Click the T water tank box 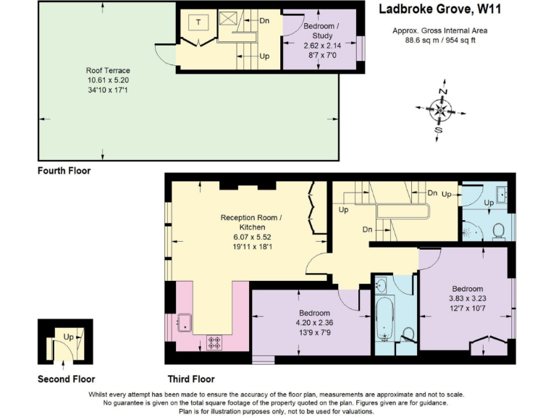[198, 22]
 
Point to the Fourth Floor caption [64, 172]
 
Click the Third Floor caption [191, 379]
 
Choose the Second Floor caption [66, 379]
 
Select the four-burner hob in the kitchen [215, 342]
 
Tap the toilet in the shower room [497, 230]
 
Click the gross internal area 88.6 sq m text [439, 41]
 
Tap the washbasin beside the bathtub [382, 285]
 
